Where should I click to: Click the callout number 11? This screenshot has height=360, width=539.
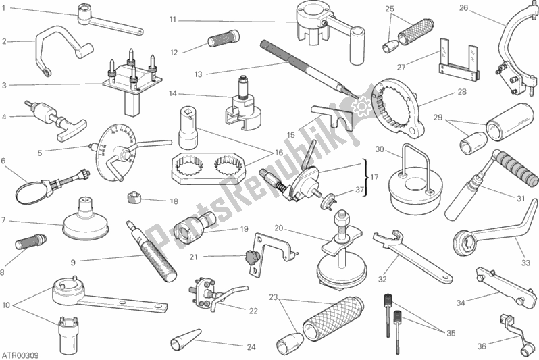point(172,20)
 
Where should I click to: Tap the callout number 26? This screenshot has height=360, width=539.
point(463,8)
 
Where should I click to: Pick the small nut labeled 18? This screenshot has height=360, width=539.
point(133,198)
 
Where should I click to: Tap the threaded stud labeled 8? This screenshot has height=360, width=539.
point(31,240)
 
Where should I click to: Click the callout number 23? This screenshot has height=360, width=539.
point(274,297)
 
